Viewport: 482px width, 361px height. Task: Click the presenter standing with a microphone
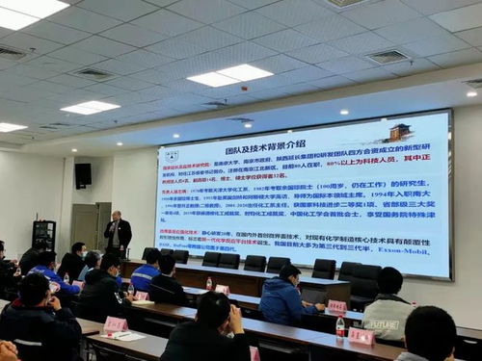(x=118, y=234)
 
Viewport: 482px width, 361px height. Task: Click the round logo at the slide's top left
(x=173, y=155)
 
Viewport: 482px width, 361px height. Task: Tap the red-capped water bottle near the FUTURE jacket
(x=340, y=325)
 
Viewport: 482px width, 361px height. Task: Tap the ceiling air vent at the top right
(x=388, y=57)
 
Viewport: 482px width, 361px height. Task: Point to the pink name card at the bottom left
(x=116, y=324)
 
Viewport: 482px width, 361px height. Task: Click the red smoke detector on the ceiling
(x=343, y=112)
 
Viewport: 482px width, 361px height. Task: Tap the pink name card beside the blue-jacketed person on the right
(x=335, y=306)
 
